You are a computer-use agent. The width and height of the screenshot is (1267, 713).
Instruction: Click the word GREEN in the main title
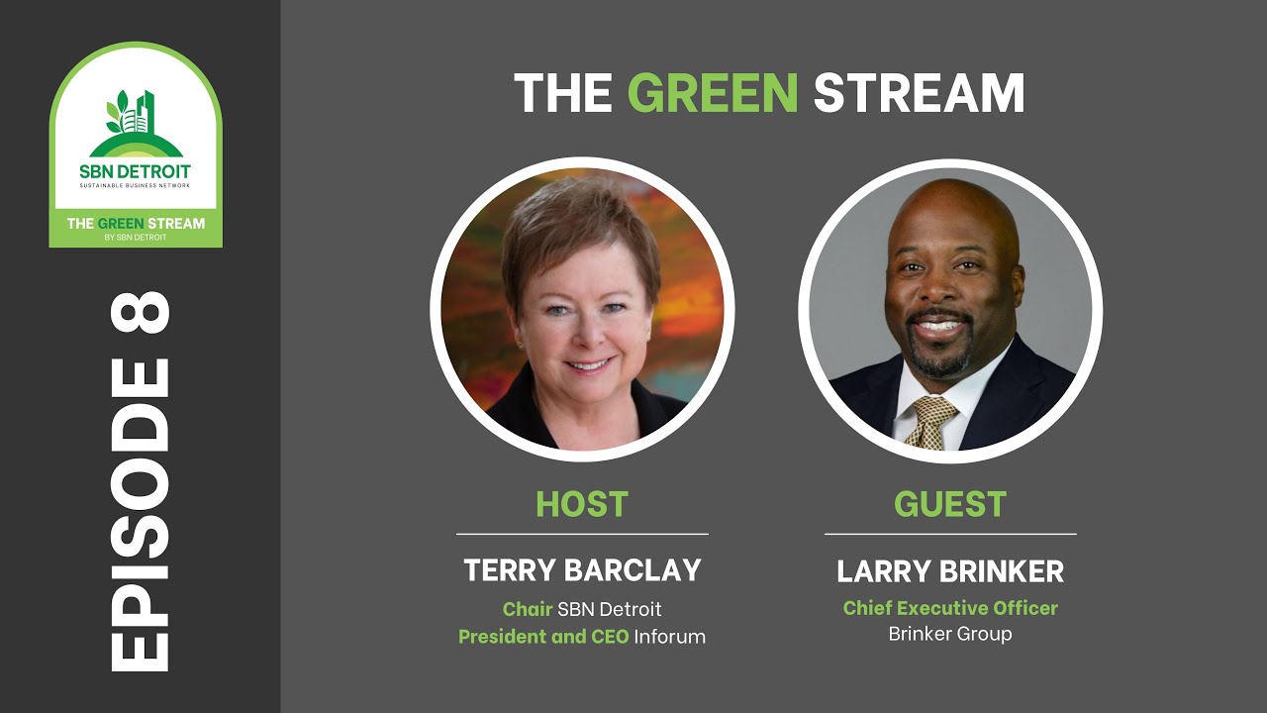[713, 94]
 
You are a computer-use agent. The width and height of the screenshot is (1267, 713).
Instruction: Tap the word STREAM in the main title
[919, 94]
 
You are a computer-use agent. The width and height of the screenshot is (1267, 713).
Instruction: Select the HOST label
[582, 504]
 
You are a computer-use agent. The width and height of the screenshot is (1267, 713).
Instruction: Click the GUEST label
[950, 504]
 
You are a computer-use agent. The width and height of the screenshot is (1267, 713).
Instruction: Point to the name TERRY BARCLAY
[582, 570]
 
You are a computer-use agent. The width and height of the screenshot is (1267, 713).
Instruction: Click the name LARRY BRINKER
[950, 571]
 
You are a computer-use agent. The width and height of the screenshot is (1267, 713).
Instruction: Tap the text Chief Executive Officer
[950, 608]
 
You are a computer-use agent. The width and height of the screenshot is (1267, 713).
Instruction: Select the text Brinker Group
[950, 634]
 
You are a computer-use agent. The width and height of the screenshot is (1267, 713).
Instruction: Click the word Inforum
[670, 637]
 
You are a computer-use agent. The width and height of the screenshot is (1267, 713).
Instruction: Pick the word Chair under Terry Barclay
[527, 609]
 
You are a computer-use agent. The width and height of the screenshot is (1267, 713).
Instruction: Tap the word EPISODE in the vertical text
[139, 515]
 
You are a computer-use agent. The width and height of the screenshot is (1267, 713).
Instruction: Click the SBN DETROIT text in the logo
[136, 170]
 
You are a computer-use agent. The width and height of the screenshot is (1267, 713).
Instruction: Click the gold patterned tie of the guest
[931, 420]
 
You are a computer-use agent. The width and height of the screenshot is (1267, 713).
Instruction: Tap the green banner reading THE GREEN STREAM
[136, 227]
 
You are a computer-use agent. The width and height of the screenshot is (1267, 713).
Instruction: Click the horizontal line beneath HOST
[582, 534]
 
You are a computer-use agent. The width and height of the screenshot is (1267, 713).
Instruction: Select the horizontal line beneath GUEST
[950, 534]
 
